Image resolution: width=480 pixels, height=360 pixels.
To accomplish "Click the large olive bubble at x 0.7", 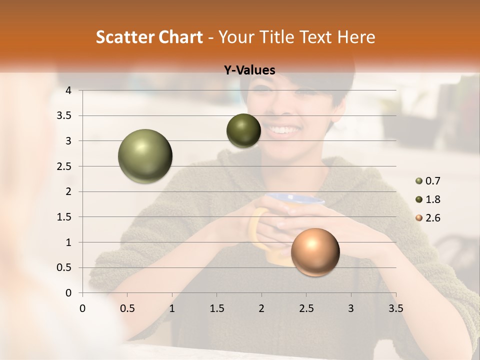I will click(x=145, y=156).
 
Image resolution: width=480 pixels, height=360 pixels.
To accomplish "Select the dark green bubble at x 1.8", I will click(x=243, y=130).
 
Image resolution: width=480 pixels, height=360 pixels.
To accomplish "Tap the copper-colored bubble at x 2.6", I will click(x=315, y=252).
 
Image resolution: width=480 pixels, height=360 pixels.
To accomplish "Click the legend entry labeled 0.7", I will click(x=428, y=181).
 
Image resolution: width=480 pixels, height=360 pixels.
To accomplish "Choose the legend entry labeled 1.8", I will click(x=428, y=199).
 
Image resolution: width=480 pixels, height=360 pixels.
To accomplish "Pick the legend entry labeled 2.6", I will click(x=428, y=218).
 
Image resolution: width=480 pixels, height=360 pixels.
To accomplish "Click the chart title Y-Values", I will click(x=249, y=70).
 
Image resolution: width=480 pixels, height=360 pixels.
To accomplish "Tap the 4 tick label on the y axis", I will click(x=68, y=90).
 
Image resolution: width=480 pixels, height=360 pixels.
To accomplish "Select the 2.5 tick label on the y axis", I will click(x=63, y=166).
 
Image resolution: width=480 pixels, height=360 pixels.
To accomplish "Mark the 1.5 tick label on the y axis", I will click(x=63, y=217).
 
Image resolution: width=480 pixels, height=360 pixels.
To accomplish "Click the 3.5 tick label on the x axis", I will click(x=395, y=308).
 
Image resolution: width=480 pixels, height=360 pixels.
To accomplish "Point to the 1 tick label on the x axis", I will click(x=172, y=308).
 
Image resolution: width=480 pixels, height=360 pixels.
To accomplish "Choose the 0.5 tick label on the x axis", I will click(x=127, y=308).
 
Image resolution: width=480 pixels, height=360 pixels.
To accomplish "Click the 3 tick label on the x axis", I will click(x=351, y=308).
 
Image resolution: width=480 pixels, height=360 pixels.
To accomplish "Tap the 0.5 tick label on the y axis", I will click(x=63, y=267).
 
